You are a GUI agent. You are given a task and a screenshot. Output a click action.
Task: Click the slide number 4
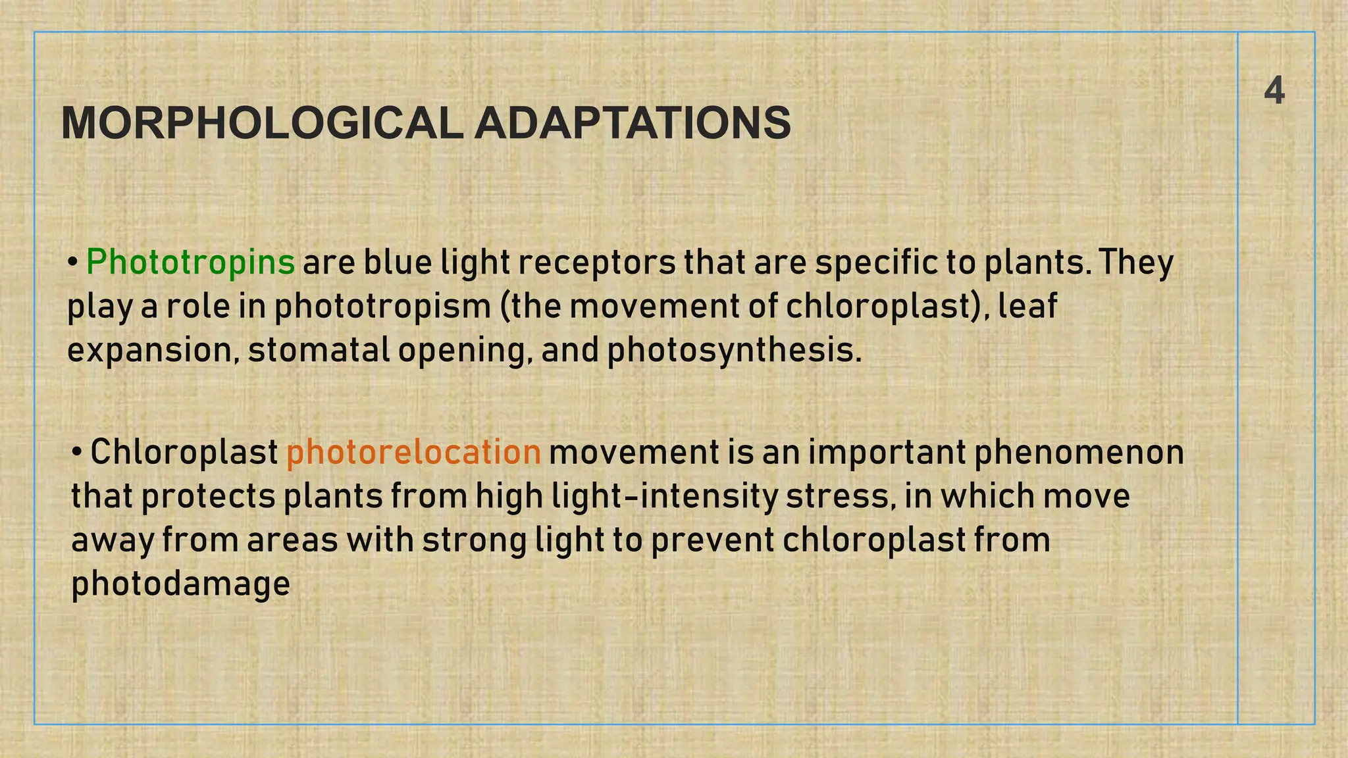1274,91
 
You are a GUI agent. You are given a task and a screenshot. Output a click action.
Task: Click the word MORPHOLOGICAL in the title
262,123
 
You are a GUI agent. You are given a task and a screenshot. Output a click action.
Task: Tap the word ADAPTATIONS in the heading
632,123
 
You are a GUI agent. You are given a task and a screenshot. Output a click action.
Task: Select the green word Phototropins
190,263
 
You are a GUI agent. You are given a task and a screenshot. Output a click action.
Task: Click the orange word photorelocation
413,453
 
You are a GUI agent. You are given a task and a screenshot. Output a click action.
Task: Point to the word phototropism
382,307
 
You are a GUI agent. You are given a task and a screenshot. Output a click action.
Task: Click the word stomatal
319,350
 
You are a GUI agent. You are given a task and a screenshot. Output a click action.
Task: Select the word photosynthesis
733,351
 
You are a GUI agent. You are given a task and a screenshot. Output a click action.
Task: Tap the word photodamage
180,584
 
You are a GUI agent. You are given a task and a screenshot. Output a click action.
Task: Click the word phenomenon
1079,453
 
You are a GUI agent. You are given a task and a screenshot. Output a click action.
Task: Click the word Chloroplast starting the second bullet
184,453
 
